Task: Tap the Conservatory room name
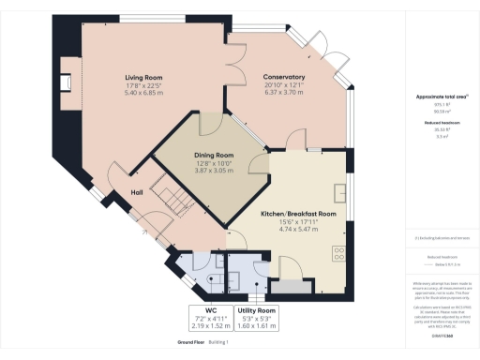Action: (282, 77)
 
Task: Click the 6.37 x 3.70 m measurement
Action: (282, 95)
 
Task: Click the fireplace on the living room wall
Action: (67, 84)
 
